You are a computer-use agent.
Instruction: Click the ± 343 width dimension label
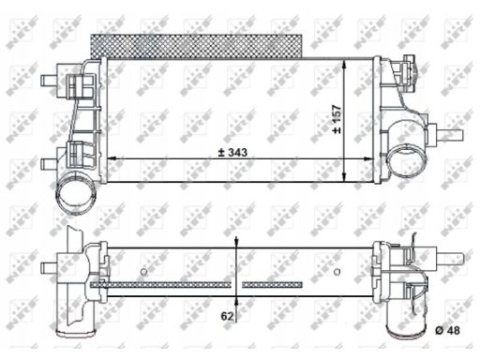(x=232, y=152)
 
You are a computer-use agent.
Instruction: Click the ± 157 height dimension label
(x=337, y=119)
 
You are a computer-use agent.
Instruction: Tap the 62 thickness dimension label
(x=227, y=316)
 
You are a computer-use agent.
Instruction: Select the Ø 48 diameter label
(x=447, y=330)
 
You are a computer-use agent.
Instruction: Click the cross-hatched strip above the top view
(x=197, y=46)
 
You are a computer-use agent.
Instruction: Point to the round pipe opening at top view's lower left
(x=76, y=194)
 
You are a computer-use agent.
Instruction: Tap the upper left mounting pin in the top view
(x=49, y=80)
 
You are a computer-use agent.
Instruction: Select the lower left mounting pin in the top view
(x=49, y=163)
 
